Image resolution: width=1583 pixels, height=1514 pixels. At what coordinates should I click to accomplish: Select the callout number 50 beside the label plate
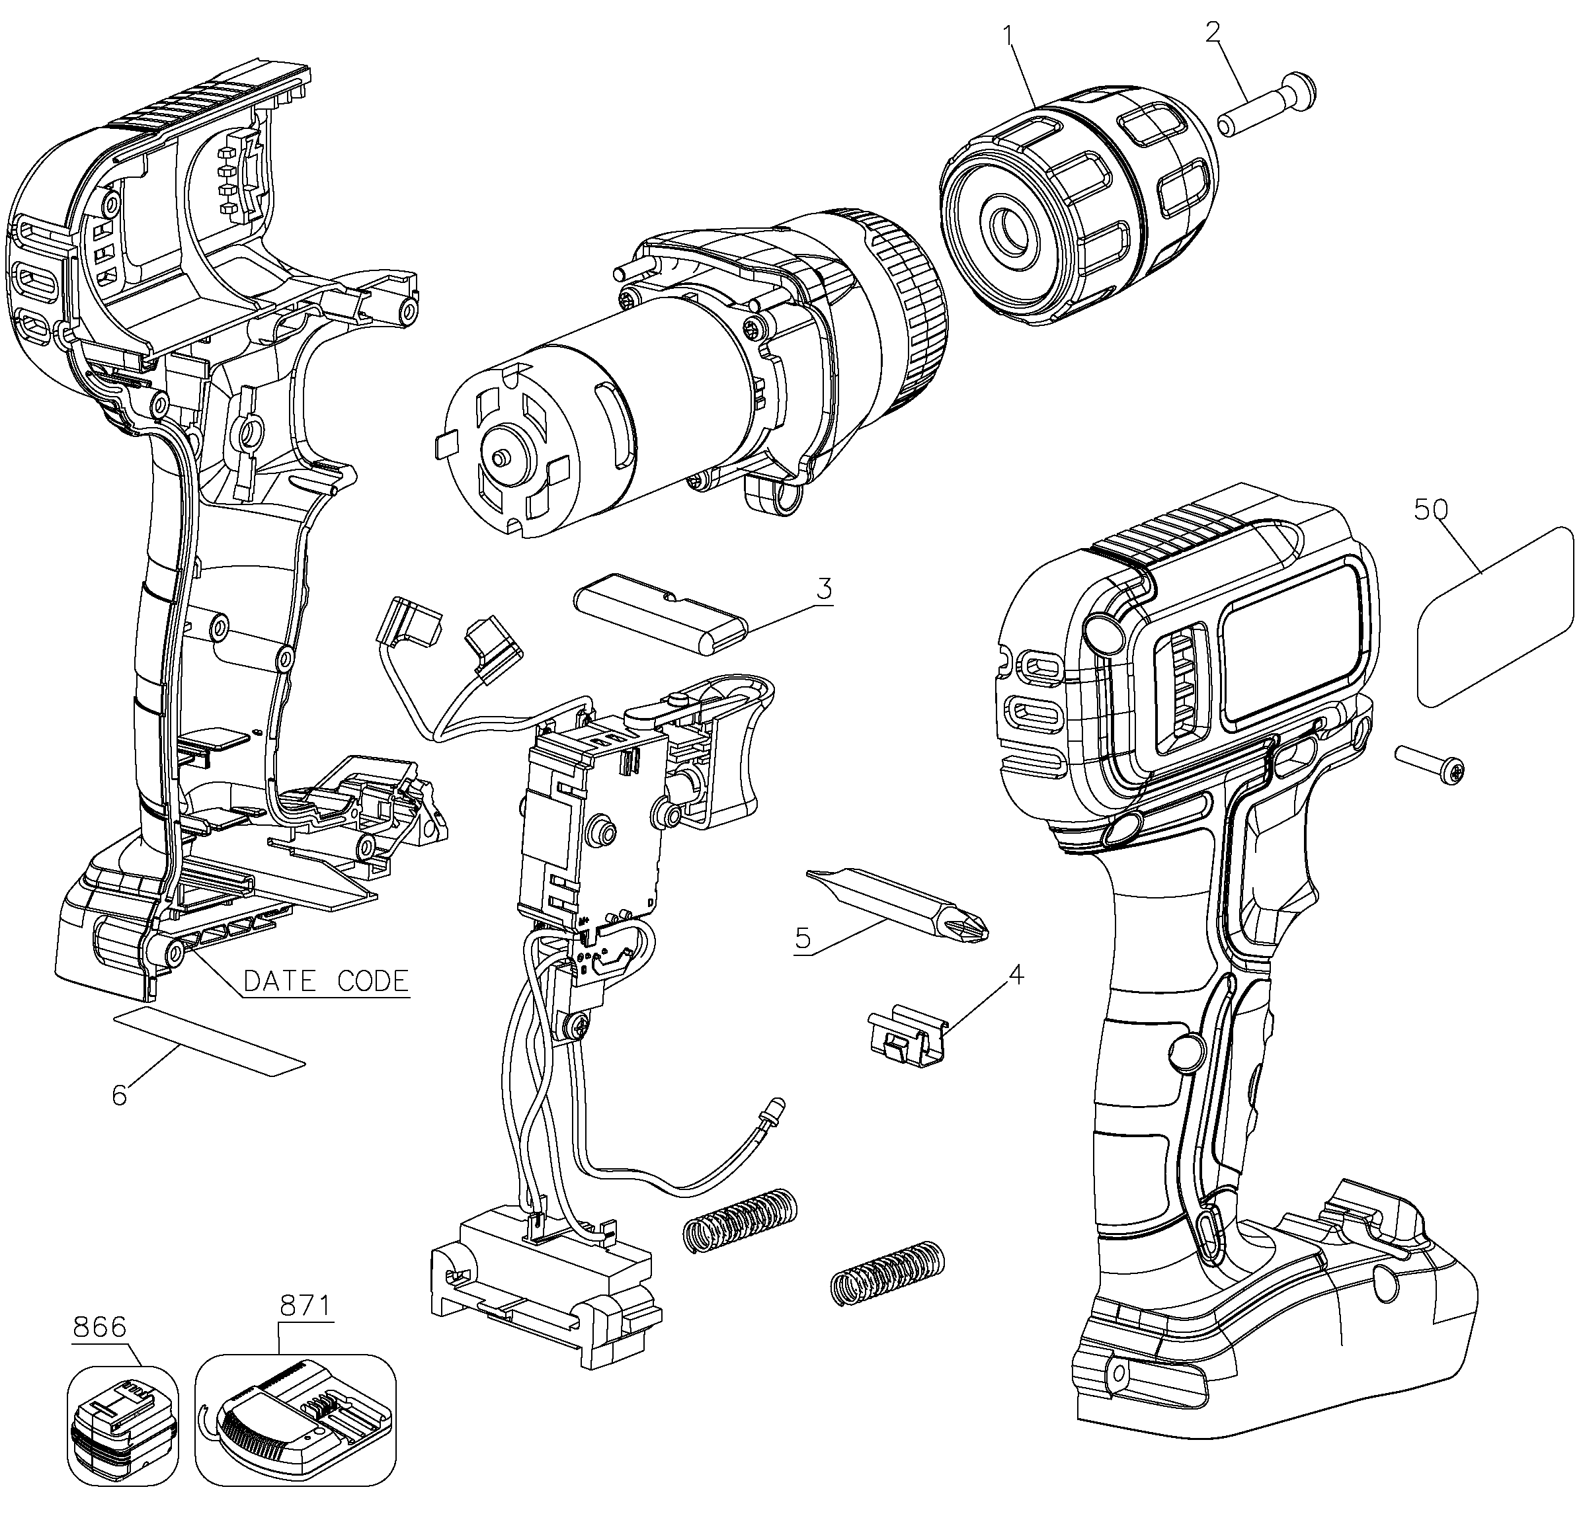[1431, 508]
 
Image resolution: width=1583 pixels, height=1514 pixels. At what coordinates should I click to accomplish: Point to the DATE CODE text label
[326, 980]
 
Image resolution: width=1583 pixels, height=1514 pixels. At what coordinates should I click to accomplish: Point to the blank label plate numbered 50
[1496, 617]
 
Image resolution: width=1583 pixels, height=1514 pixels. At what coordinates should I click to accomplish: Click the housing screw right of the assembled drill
[1430, 765]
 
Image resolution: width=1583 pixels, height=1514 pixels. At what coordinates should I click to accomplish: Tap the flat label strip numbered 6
[210, 1041]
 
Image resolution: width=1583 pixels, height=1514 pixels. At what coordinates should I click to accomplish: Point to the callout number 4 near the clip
[1016, 976]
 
